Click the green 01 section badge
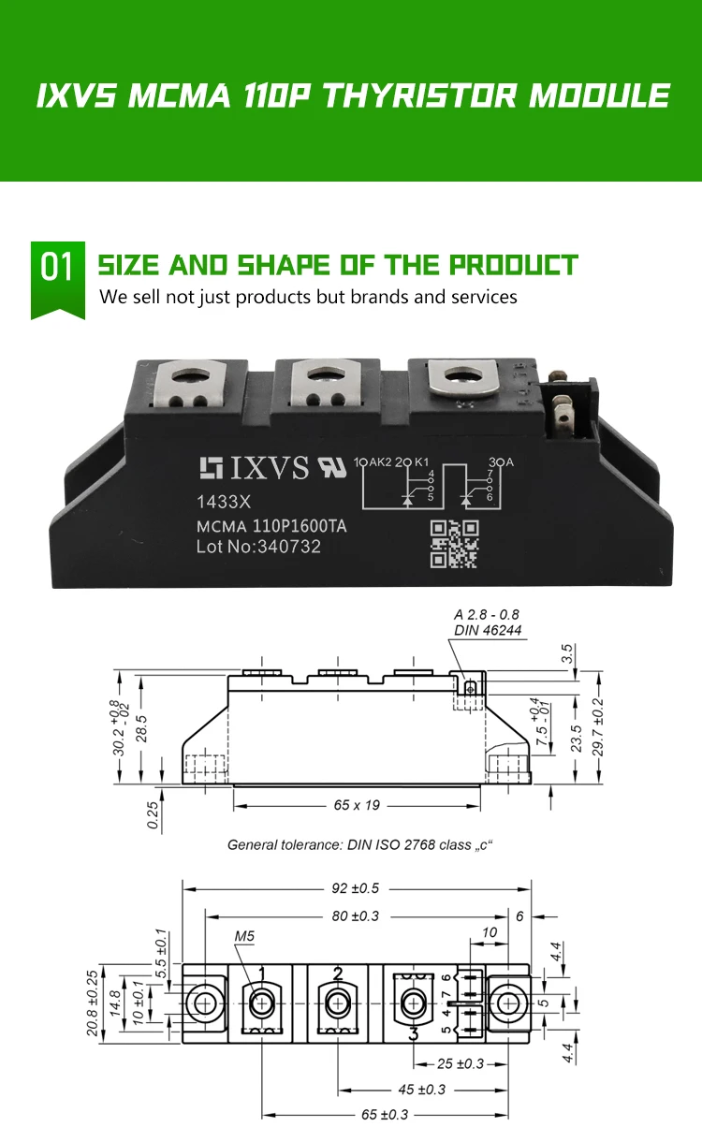[58, 280]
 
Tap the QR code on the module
[454, 544]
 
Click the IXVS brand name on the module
[270, 467]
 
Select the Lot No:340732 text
[258, 547]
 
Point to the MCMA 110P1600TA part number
[271, 526]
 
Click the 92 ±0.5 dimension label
[356, 888]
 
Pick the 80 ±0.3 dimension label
[356, 916]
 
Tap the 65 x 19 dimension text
[357, 805]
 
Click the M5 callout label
[244, 936]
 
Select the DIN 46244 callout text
[488, 630]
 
